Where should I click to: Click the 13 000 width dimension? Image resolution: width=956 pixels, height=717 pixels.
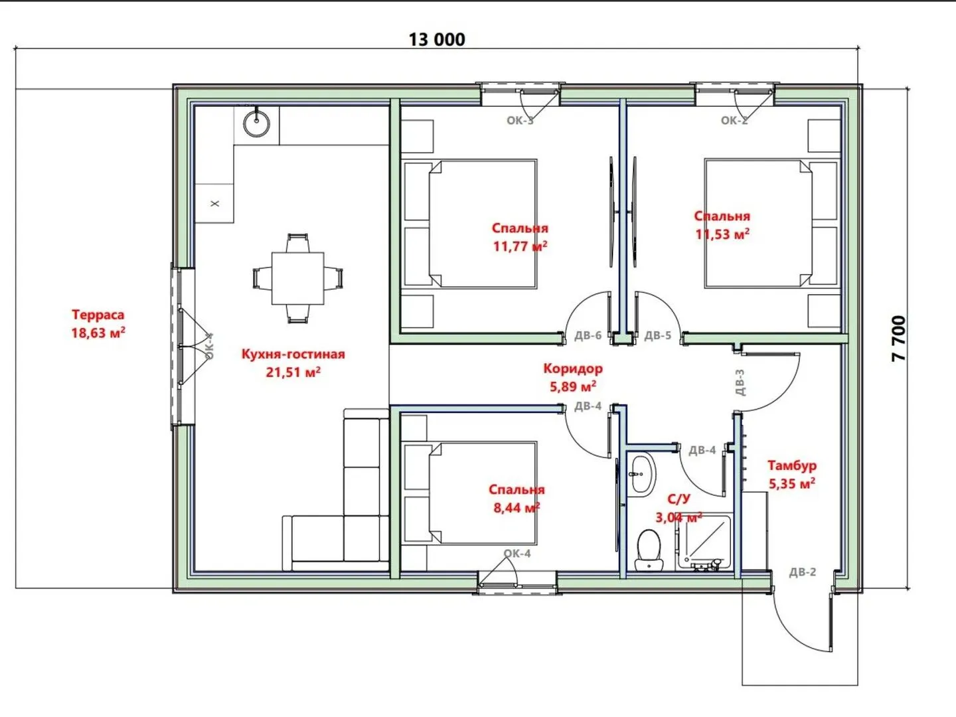[x=437, y=40]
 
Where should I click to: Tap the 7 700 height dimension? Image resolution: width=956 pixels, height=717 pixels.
[x=899, y=339]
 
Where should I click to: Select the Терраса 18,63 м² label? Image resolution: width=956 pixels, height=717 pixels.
[x=98, y=323]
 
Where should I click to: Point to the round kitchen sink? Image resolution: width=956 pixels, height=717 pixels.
[x=256, y=123]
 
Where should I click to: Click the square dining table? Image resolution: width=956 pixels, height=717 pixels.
[x=298, y=278]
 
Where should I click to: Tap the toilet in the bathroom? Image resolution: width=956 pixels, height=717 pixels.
[x=649, y=550]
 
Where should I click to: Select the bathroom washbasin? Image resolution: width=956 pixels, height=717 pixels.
[x=641, y=473]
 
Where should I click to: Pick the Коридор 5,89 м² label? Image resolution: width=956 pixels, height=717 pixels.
[x=573, y=377]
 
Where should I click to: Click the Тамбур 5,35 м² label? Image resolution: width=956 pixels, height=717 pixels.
[x=792, y=474]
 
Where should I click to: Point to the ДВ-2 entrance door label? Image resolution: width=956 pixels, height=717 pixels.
[x=802, y=572]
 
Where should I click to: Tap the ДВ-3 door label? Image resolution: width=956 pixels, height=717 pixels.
[x=740, y=382]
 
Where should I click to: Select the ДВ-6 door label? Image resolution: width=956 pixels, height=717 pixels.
[x=588, y=335]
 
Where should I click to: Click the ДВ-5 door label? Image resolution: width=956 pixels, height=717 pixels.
[x=658, y=335]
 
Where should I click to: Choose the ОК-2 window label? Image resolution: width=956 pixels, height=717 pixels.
[x=734, y=121]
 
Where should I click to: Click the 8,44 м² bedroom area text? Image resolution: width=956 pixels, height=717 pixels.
[x=517, y=508]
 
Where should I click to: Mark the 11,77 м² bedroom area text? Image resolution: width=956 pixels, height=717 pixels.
[x=520, y=246]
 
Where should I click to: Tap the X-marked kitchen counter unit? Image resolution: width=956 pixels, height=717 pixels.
[x=214, y=203]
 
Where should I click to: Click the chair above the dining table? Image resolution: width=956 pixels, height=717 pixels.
[x=298, y=242]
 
